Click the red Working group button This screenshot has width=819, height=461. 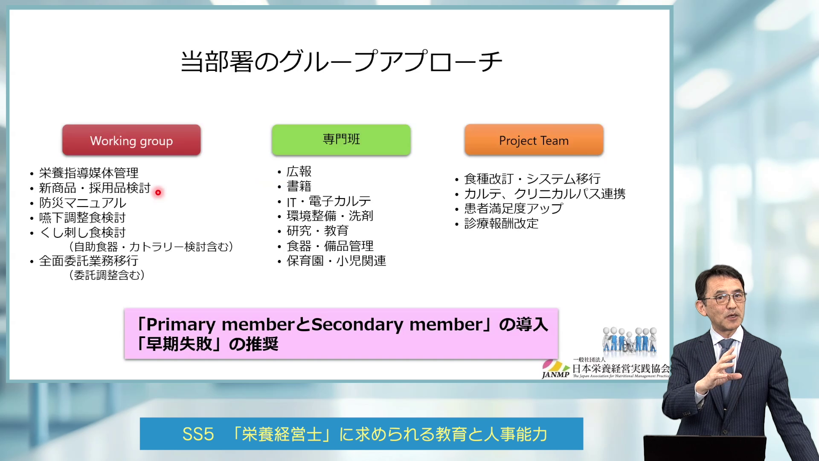pos(131,140)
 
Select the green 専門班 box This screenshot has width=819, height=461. pos(341,140)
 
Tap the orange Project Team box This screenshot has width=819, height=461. pos(534,140)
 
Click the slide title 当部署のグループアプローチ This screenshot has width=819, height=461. pos(341,61)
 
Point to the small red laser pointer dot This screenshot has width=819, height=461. pos(158,193)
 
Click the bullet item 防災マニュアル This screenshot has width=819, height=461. pos(83,203)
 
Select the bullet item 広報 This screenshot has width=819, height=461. pos(299,172)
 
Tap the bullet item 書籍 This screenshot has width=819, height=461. pos(299,187)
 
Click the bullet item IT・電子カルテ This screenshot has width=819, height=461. pos(329,201)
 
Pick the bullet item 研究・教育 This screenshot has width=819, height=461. pos(318,231)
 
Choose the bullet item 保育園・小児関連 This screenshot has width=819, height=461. pos(337,261)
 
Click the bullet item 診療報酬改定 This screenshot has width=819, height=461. pos(501,224)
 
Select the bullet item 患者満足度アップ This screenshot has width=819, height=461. pos(514,209)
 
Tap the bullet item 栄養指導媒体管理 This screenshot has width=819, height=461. pos(89,173)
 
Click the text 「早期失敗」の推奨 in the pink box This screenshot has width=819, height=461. pos(208,344)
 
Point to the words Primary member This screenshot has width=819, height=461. pos(220,325)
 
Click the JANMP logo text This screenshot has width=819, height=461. pos(555,375)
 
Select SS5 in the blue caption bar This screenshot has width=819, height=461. pos(198,434)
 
